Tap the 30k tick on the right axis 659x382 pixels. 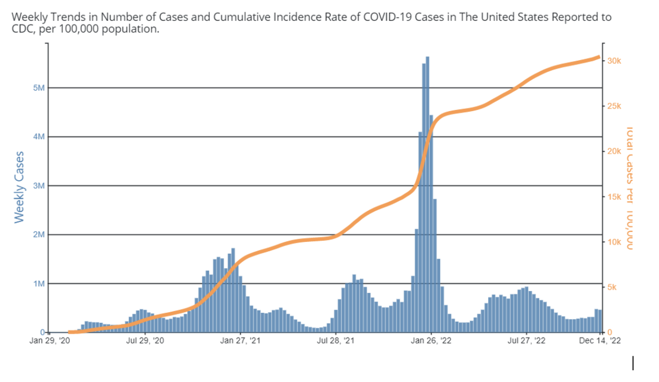tap(614, 61)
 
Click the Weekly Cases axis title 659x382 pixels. tap(19, 187)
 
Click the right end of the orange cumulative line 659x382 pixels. tap(599, 57)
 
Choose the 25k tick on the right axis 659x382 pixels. tap(614, 106)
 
